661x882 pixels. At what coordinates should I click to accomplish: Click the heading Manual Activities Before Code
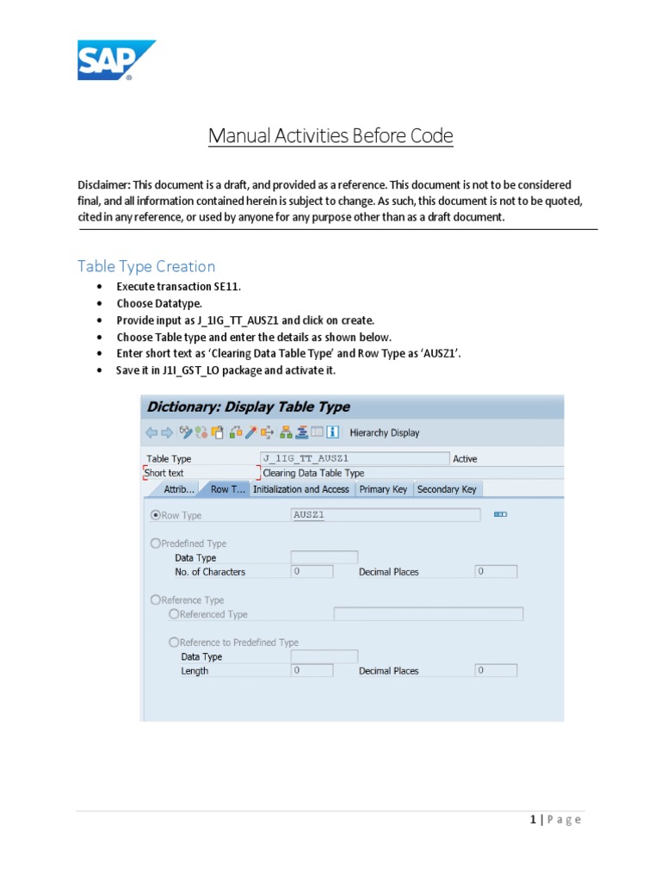click(x=330, y=136)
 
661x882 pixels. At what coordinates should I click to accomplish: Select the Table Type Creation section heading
click(x=146, y=266)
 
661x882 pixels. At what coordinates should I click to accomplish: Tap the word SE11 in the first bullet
click(x=218, y=287)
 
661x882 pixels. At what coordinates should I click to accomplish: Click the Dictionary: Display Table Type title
click(x=249, y=407)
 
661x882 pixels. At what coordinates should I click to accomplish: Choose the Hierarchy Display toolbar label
click(x=385, y=432)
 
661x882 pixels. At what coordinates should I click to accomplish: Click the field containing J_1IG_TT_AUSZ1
click(x=354, y=459)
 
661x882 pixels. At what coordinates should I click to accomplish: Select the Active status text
click(x=465, y=459)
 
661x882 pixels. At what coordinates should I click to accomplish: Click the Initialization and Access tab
click(x=300, y=489)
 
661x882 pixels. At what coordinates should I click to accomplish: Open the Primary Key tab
click(x=383, y=489)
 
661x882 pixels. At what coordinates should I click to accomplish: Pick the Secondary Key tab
click(x=446, y=489)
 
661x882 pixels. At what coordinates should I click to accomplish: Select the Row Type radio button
click(x=156, y=515)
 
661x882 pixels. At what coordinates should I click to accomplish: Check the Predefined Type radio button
click(x=156, y=543)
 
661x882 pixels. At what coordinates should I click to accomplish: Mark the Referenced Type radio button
click(x=175, y=614)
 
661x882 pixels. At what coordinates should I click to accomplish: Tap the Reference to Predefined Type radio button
click(x=175, y=643)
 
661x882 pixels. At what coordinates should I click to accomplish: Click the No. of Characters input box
click(x=312, y=572)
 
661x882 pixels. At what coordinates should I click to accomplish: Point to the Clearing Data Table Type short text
click(x=313, y=473)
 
